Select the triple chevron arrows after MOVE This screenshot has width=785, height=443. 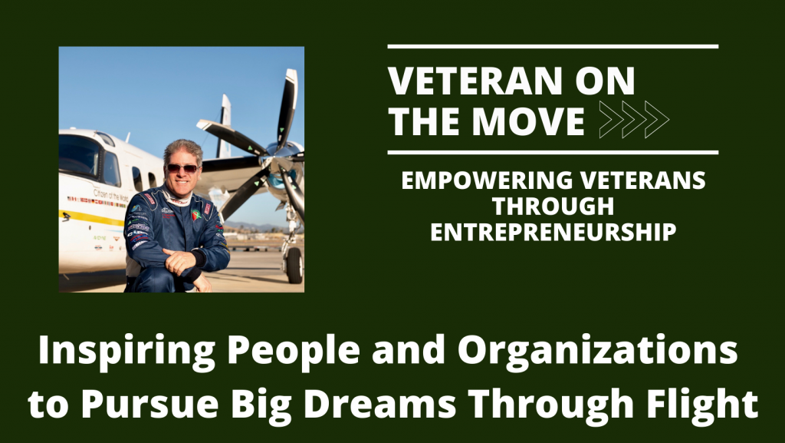click(633, 120)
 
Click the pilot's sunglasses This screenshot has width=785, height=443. click(182, 168)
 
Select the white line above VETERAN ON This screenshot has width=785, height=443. click(552, 47)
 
